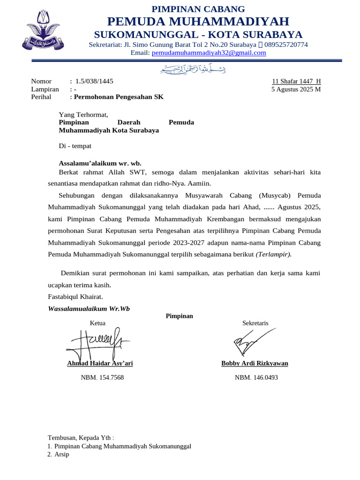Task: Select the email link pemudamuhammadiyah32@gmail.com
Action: point(209,53)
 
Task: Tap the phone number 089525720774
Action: point(286,45)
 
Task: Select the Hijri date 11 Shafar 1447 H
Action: point(296,81)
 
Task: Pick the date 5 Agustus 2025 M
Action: point(296,89)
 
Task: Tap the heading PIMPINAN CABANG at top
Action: point(199,9)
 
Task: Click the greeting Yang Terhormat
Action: point(83,114)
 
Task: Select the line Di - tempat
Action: point(75,146)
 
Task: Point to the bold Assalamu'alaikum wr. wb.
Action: point(99,163)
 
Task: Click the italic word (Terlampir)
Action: point(273,254)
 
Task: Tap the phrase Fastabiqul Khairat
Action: point(75,297)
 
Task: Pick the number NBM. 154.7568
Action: point(102,377)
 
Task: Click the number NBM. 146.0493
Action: point(256,377)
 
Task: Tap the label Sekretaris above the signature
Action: point(255,323)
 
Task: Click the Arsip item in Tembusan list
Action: point(61,454)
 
